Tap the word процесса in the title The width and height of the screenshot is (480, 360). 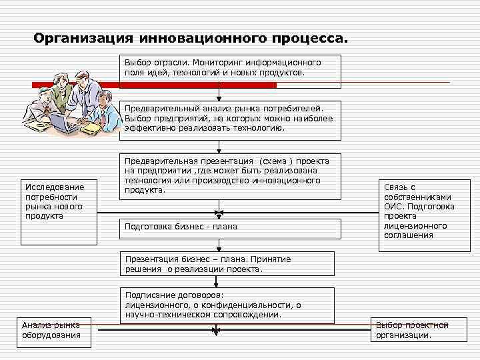point(310,38)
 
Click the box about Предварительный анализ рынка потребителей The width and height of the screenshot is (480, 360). point(231,119)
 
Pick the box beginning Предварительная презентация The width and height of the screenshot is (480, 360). point(231,176)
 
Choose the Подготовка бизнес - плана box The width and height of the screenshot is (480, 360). point(231,227)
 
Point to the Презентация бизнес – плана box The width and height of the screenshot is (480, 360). point(231,265)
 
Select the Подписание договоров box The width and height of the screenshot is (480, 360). point(231,305)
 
